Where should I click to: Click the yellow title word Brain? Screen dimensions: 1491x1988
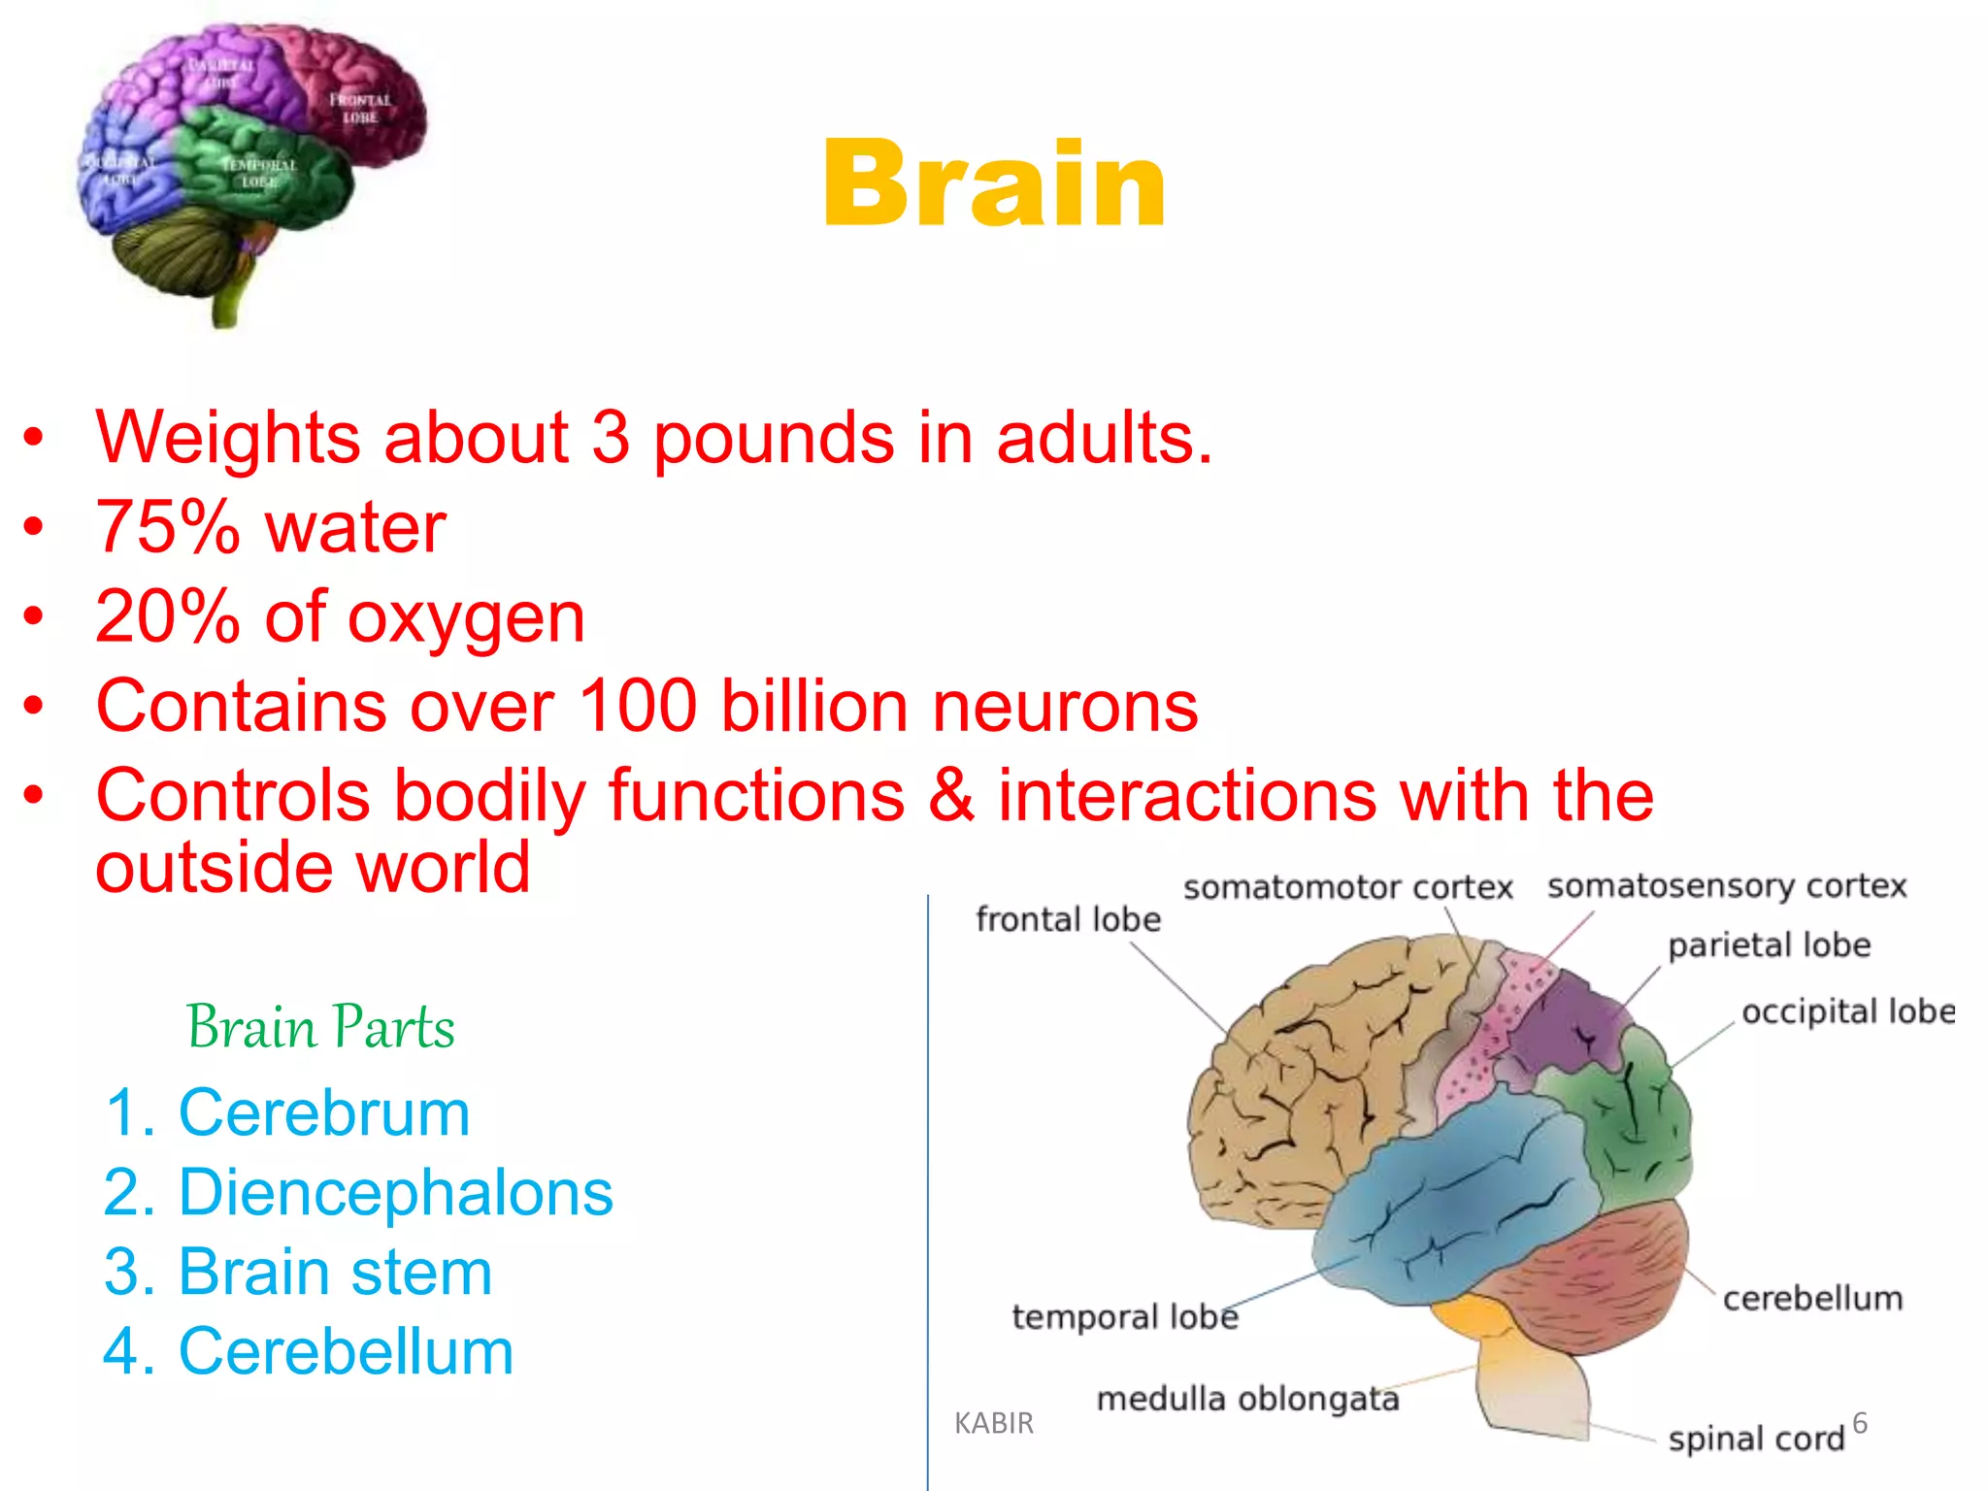[994, 184]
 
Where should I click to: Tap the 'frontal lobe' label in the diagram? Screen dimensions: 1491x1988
[1068, 919]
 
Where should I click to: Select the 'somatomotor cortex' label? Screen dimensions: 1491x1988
[1347, 887]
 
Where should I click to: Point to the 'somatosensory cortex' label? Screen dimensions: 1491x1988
[1726, 885]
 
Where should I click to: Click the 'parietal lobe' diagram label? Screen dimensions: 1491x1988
[1769, 944]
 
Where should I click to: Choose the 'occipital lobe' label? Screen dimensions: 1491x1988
[1847, 1011]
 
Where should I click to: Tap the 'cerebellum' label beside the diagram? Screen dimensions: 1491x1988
[1812, 1298]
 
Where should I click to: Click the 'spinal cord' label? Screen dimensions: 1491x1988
[1755, 1438]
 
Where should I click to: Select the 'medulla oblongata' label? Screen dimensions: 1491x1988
[1247, 1399]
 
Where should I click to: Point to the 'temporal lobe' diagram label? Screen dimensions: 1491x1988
[1125, 1316]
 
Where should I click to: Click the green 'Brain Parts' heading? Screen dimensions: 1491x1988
[320, 1027]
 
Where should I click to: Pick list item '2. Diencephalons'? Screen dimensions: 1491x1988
[357, 1192]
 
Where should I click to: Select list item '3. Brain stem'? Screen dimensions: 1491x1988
[297, 1272]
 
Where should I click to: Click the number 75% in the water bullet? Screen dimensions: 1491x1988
[167, 527]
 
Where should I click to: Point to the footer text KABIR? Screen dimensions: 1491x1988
[993, 1423]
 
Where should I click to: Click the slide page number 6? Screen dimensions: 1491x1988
[1859, 1423]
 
